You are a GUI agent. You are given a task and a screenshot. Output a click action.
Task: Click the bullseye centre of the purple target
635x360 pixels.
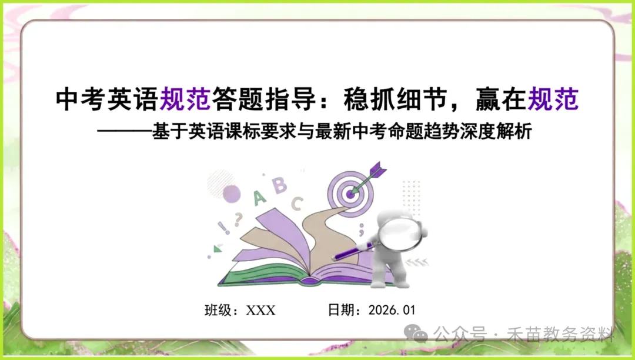click(x=351, y=192)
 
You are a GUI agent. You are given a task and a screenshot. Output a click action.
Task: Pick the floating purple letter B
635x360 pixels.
click(x=280, y=185)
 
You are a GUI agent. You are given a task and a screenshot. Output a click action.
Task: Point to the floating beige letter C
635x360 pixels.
click(x=298, y=204)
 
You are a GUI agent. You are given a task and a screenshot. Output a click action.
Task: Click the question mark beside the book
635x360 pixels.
click(x=238, y=219)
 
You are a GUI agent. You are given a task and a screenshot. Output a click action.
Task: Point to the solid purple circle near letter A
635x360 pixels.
click(x=232, y=193)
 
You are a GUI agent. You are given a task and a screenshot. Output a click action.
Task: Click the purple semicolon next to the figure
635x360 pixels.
click(x=361, y=226)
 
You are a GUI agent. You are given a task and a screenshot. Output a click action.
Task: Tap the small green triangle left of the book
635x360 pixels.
click(x=218, y=249)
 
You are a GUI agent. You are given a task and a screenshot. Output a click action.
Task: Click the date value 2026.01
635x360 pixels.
click(x=392, y=310)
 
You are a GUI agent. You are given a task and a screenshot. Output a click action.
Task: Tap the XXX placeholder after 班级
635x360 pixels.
click(x=260, y=310)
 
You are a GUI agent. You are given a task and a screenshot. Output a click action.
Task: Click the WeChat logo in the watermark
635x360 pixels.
click(x=419, y=335)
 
